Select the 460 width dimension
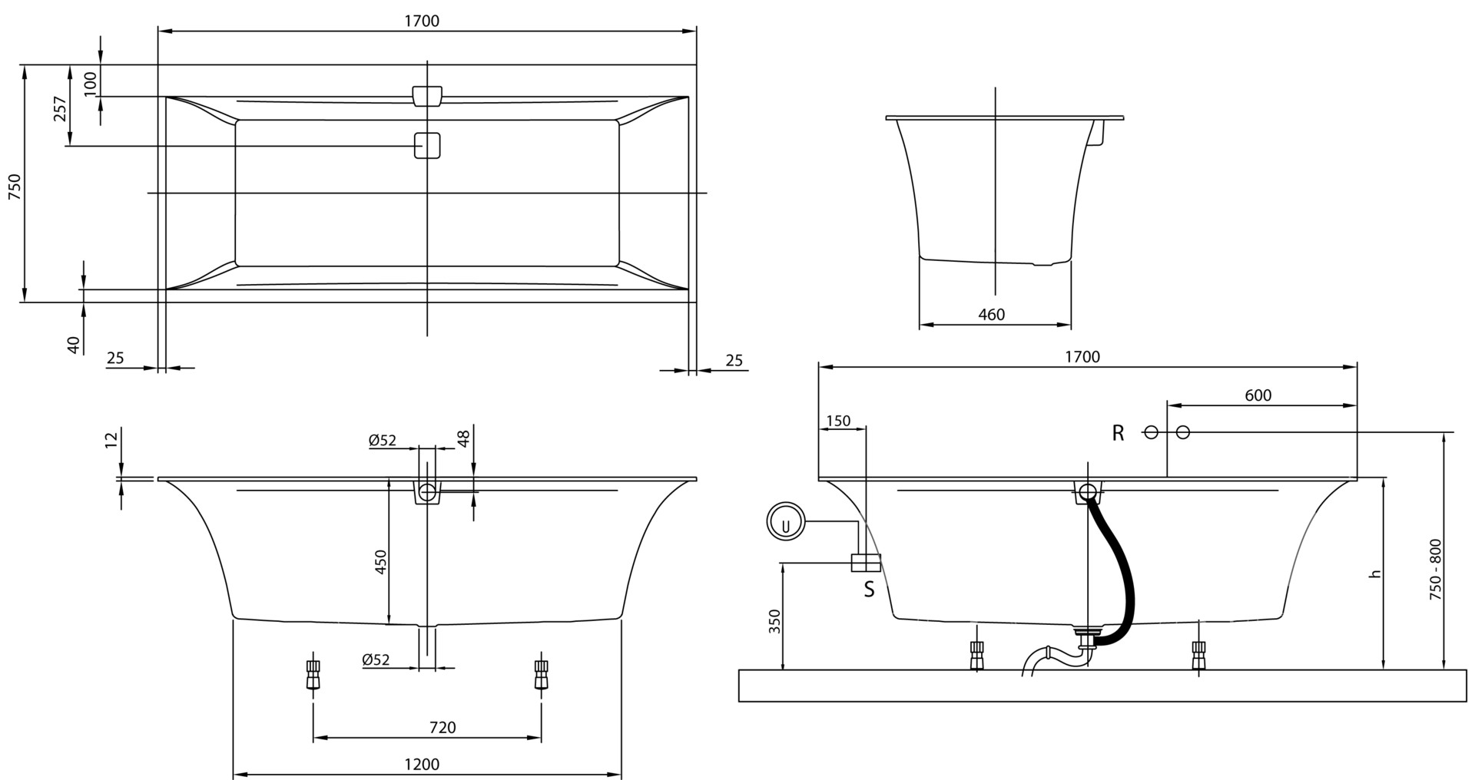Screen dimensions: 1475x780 tap(991, 314)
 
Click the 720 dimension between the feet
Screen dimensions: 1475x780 tap(442, 728)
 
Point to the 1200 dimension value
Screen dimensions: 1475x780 tap(423, 765)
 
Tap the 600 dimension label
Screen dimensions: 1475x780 tap(1258, 395)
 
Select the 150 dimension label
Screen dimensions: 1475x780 tap(837, 421)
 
